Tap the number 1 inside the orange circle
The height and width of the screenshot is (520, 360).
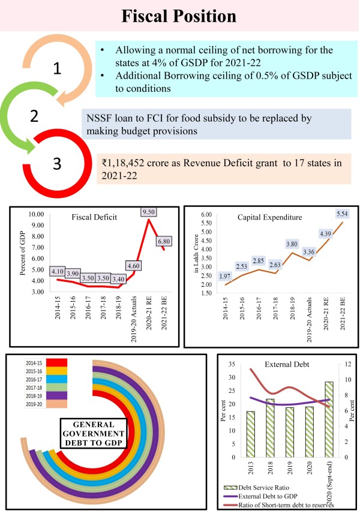(57, 68)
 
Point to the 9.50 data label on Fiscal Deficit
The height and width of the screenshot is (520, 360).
(147, 211)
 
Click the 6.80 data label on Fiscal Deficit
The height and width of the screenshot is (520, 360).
(162, 241)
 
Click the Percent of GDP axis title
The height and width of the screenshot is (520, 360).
(22, 252)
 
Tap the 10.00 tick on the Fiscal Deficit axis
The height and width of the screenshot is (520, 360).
(37, 214)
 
